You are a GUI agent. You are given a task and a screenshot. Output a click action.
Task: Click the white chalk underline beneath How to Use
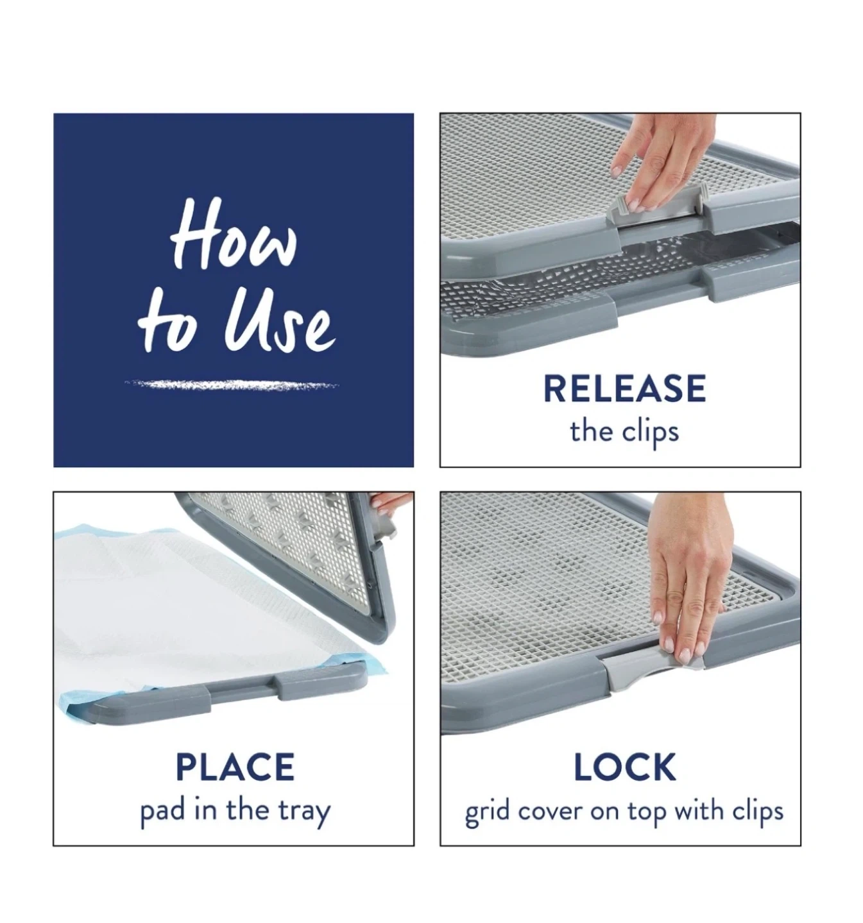(x=231, y=384)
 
